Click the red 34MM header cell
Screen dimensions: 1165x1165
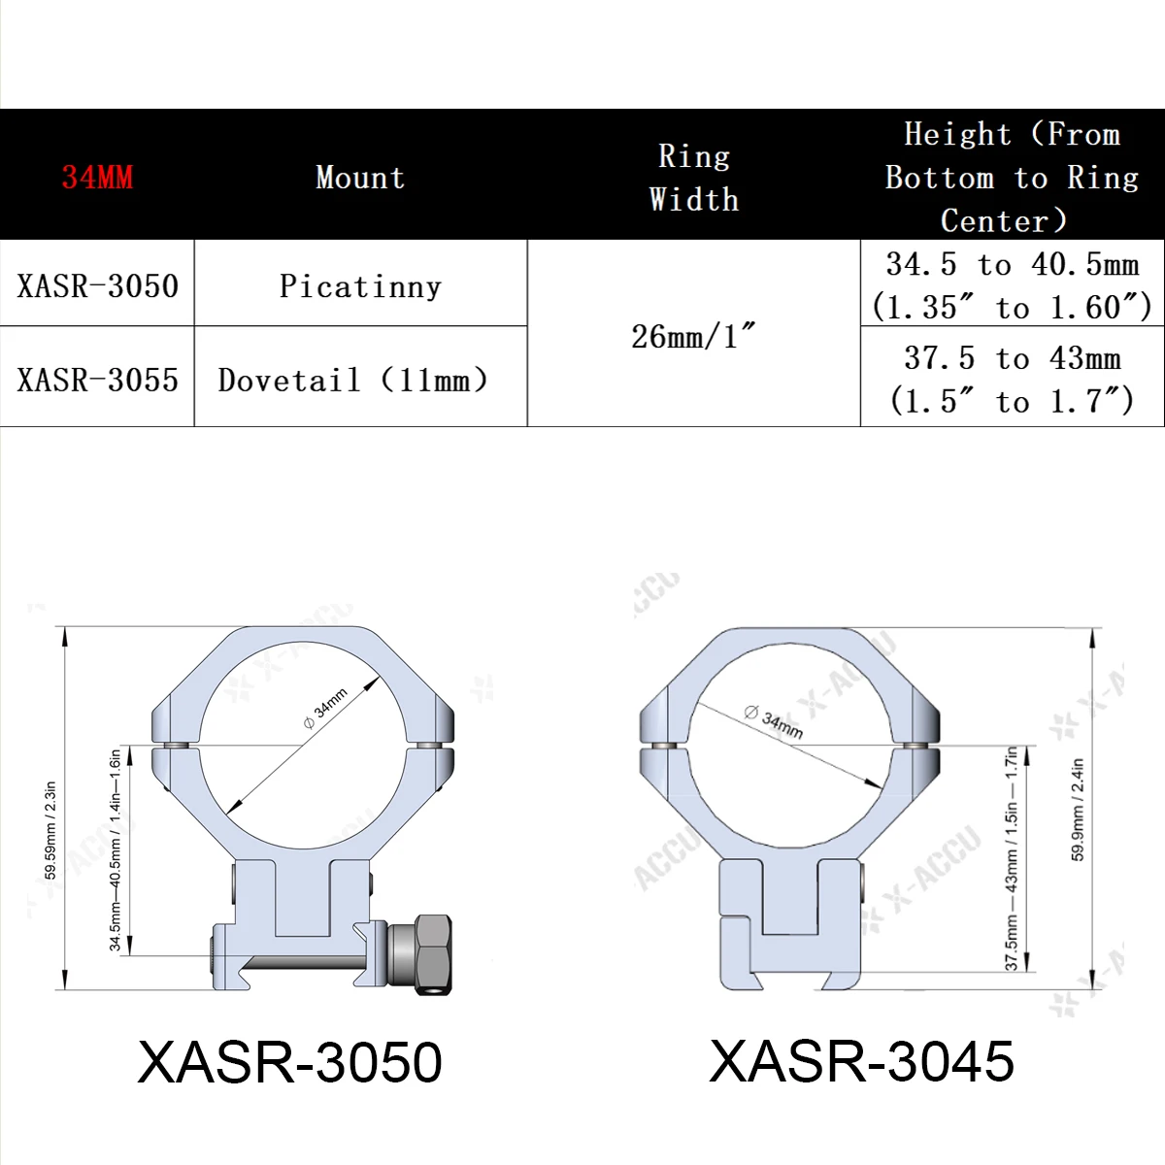(x=97, y=177)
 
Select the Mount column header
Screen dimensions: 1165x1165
(x=360, y=177)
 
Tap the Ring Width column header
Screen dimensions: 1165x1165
(x=693, y=177)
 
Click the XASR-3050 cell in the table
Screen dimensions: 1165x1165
(x=97, y=285)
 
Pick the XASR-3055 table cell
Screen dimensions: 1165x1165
(x=97, y=379)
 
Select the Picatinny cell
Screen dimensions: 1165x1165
(x=360, y=285)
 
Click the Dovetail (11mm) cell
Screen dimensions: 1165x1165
(x=353, y=379)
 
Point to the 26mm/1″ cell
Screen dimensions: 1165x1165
(x=693, y=335)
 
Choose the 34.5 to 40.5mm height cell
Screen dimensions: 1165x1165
(x=1012, y=285)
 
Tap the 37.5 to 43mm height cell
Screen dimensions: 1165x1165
(x=1012, y=379)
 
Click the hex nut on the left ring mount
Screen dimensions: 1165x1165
(x=430, y=953)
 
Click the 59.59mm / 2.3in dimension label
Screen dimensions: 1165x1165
(x=50, y=830)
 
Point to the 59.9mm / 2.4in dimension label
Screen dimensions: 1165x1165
(x=1078, y=810)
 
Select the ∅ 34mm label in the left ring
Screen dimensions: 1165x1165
(x=325, y=709)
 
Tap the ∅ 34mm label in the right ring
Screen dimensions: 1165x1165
(x=774, y=721)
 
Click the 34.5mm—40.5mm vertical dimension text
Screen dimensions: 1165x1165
(x=116, y=849)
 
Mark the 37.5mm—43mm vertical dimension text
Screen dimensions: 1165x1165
(x=1011, y=858)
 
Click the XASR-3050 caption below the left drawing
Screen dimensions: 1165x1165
(x=289, y=1061)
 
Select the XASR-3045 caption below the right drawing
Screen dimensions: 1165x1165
(x=862, y=1060)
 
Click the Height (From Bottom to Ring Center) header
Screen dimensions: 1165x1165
(x=1012, y=177)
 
